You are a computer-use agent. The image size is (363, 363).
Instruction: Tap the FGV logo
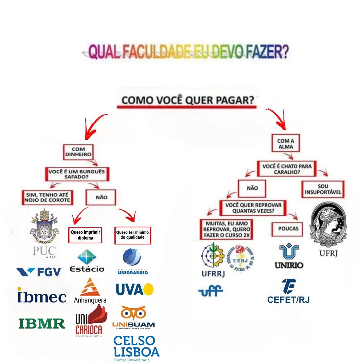[39, 272]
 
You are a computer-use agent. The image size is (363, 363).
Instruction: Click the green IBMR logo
[42, 323]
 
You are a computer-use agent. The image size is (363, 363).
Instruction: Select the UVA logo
[135, 289]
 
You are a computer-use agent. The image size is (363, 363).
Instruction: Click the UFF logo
[211, 291]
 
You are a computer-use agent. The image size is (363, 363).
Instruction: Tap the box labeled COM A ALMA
[286, 144]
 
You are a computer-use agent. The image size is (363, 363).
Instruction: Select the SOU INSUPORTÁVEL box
[323, 189]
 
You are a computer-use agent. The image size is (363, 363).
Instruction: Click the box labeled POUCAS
[288, 229]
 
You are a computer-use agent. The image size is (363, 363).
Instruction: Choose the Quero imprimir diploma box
[85, 235]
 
